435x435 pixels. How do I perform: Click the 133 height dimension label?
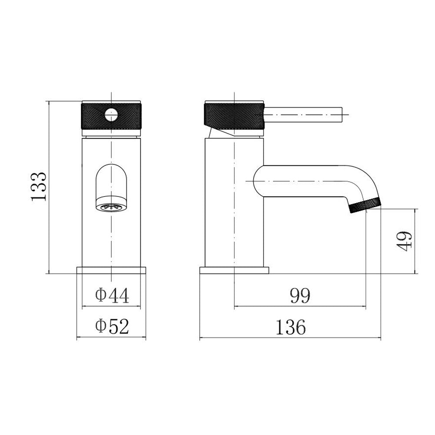click(39, 186)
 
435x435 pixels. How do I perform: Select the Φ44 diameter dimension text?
click(112, 296)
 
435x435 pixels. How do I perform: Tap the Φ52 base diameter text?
click(112, 326)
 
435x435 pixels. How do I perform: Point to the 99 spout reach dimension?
click(300, 296)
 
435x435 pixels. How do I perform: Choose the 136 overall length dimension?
click(291, 327)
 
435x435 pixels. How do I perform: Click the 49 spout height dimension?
click(404, 241)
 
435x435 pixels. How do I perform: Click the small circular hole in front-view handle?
click(111, 115)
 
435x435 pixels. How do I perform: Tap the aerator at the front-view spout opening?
click(111, 207)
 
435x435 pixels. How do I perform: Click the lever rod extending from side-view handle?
click(304, 115)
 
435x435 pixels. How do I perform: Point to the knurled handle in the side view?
click(234, 116)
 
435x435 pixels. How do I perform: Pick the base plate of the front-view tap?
click(111, 270)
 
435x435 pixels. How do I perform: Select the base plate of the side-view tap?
click(234, 270)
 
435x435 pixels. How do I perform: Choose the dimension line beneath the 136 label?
click(291, 338)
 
